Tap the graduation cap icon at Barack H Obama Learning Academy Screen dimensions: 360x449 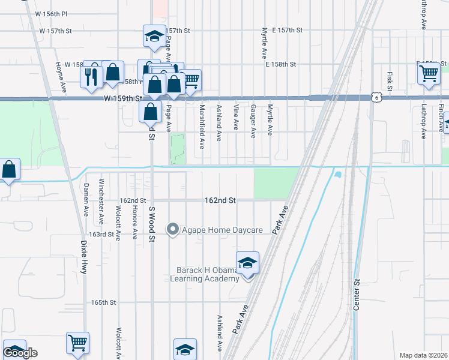(247, 263)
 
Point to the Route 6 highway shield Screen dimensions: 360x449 (375, 97)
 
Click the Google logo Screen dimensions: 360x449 (20, 353)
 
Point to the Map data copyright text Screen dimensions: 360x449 (424, 355)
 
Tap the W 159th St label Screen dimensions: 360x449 (122, 98)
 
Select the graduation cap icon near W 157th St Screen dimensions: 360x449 (154, 36)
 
